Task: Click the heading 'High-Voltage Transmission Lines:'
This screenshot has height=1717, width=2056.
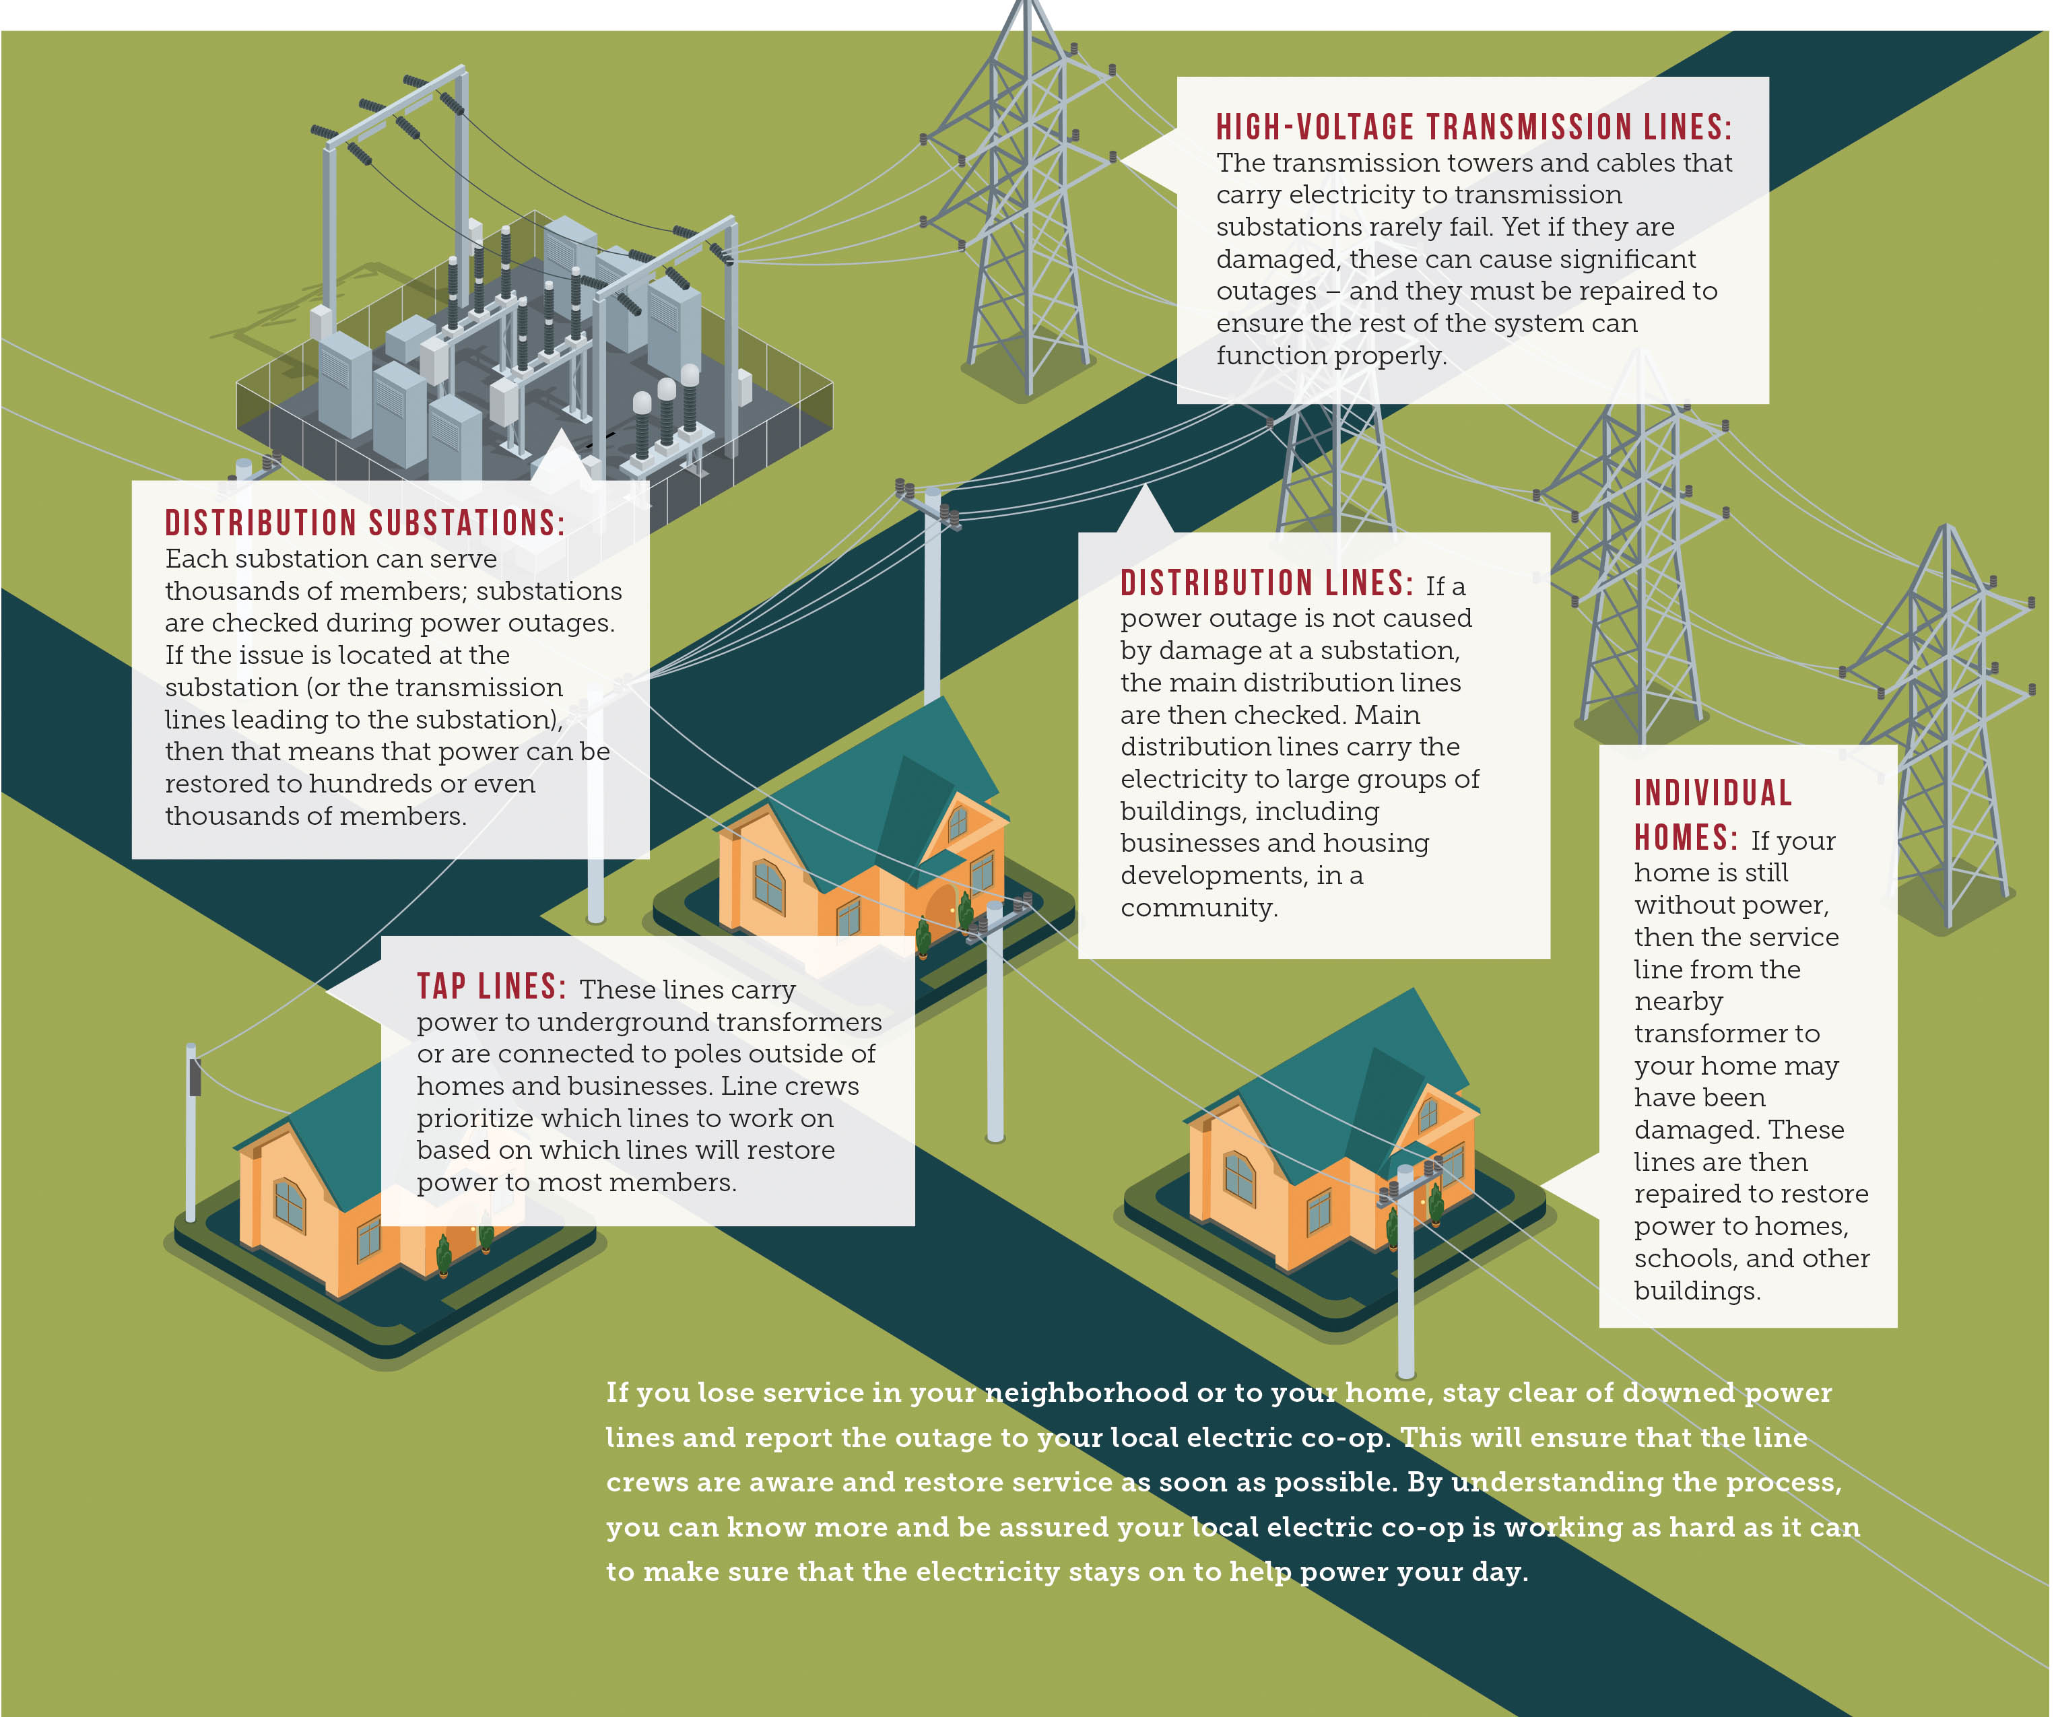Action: tap(1473, 127)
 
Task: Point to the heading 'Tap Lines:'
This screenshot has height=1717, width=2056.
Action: tap(492, 986)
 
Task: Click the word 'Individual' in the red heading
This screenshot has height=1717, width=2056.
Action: tap(1713, 793)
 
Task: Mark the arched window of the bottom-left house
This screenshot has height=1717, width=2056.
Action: tap(289, 1202)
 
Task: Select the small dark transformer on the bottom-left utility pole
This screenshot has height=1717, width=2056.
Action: tap(195, 1077)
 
